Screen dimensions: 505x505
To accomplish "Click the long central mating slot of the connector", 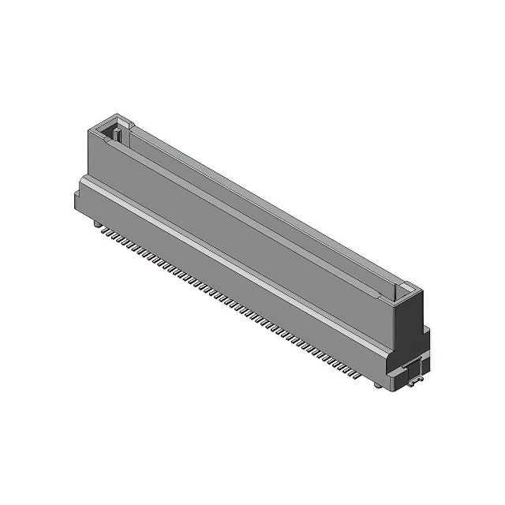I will pos(260,209).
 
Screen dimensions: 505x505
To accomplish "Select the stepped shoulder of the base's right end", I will pos(425,339).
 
